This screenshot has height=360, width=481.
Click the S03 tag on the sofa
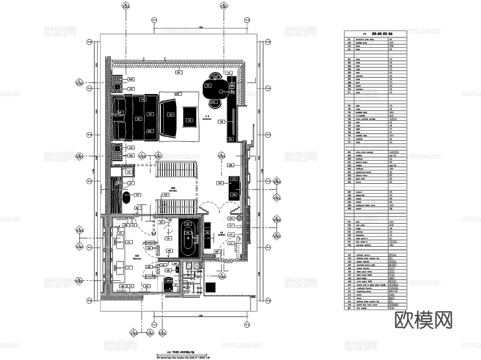(x=171, y=115)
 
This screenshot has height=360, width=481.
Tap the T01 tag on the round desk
(x=208, y=86)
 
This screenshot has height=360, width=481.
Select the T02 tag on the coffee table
(x=190, y=120)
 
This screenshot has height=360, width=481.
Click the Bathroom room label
(x=137, y=258)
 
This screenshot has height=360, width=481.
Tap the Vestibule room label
(x=222, y=234)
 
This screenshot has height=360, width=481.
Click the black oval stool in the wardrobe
(x=126, y=198)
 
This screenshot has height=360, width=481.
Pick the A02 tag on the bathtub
(x=188, y=224)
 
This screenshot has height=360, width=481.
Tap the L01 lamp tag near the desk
(x=229, y=73)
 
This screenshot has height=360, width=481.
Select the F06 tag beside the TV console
(x=222, y=122)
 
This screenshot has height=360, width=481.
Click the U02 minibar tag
(x=220, y=183)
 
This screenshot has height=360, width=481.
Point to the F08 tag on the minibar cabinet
(x=234, y=195)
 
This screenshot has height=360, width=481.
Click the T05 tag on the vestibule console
(x=207, y=233)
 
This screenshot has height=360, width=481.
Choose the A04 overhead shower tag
(x=168, y=238)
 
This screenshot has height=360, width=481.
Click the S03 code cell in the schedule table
(x=349, y=66)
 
